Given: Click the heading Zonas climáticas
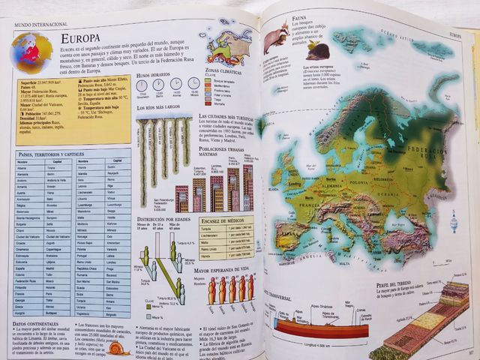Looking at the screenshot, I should [223, 70].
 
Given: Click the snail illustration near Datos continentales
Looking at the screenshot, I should [118, 347].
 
